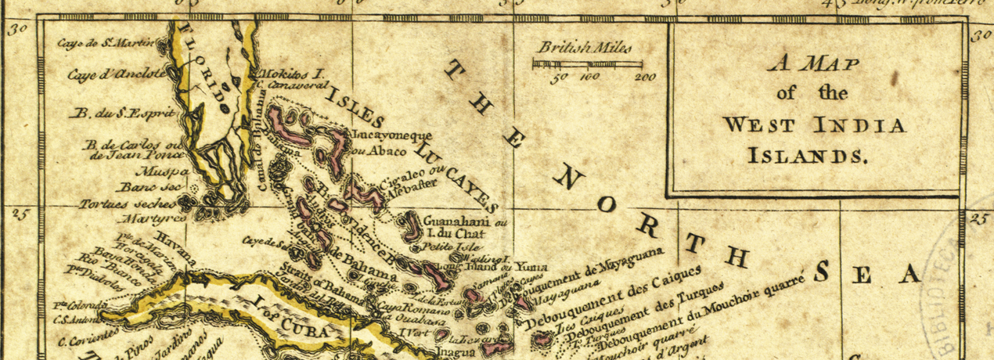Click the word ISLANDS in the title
809,155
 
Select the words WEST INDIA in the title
813,124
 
